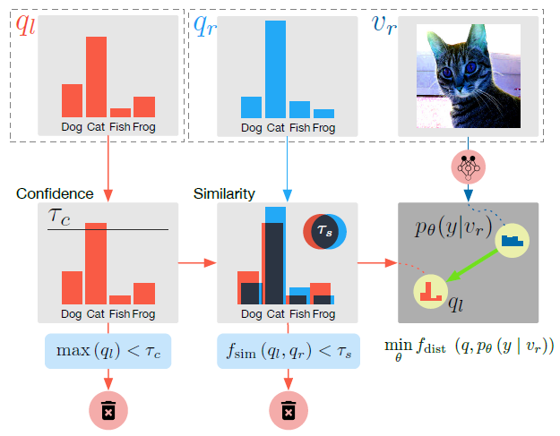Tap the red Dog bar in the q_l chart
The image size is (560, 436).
[x=72, y=100]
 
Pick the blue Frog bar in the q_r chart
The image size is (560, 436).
[x=323, y=114]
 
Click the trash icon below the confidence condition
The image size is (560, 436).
[x=108, y=410]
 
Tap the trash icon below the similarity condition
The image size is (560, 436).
[x=288, y=410]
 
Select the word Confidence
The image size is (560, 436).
[x=55, y=193]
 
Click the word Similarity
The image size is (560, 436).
[x=225, y=193]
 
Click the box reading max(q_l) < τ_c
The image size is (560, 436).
[x=108, y=350]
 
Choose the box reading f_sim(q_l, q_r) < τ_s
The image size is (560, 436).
[x=288, y=350]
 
